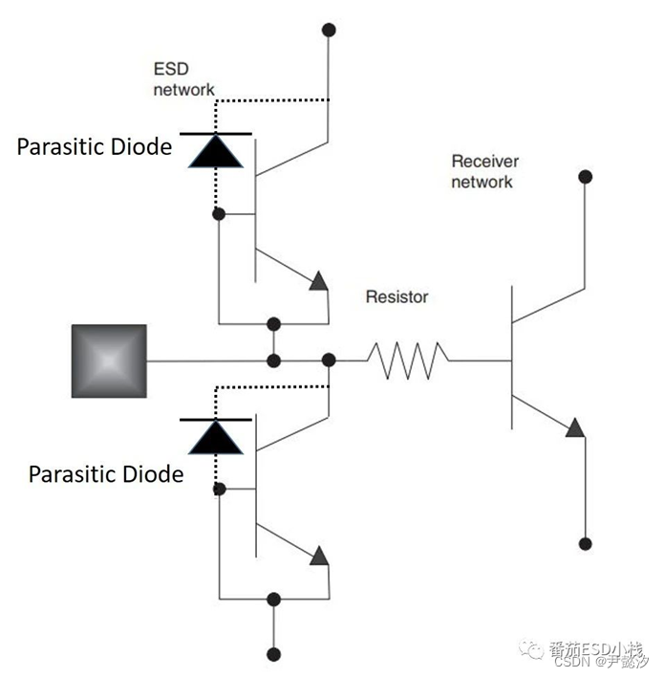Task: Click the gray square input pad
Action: point(109,361)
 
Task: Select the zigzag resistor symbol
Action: point(408,361)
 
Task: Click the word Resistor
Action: point(396,296)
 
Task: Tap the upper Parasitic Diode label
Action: point(94,146)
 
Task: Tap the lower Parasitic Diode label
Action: point(105,473)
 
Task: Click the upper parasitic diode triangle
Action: point(215,149)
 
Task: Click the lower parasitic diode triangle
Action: point(215,436)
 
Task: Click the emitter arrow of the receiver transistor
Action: point(573,427)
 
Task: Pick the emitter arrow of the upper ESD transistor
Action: point(319,280)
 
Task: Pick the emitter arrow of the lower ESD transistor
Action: point(319,555)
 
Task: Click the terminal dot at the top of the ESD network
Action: point(329,30)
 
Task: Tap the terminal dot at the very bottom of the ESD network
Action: point(274,654)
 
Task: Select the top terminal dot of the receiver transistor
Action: point(584,177)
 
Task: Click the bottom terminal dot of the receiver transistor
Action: point(584,543)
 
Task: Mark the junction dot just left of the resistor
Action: point(329,361)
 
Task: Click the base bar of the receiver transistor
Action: point(510,361)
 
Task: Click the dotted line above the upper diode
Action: point(272,99)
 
